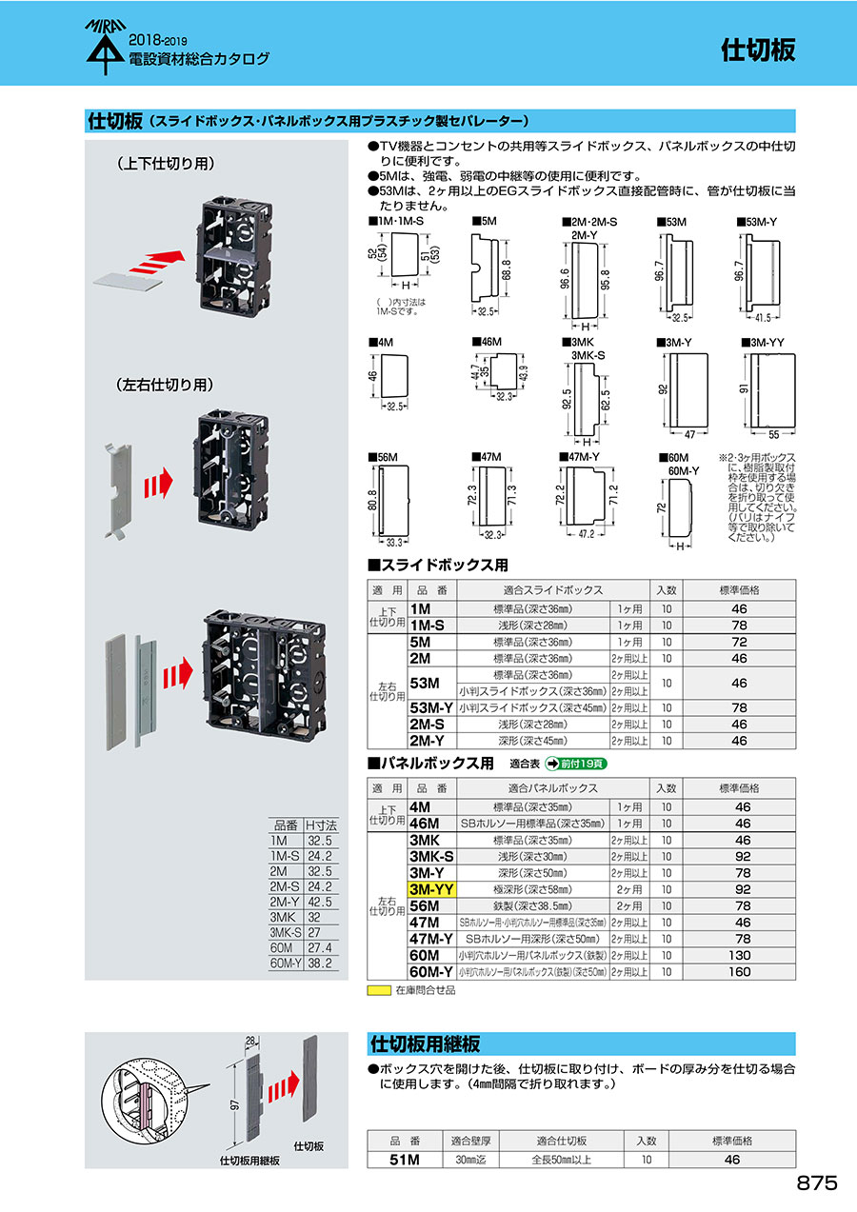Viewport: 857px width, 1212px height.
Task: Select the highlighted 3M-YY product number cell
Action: pyautogui.click(x=431, y=889)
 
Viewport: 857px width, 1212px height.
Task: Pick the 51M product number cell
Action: pyautogui.click(x=404, y=1160)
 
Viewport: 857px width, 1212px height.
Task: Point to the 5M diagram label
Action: pyautogui.click(x=486, y=221)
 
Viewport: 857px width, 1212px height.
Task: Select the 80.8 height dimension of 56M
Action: pyautogui.click(x=373, y=501)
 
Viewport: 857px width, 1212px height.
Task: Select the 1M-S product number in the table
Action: pyautogui.click(x=428, y=625)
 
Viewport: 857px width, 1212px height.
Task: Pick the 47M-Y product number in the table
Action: pyautogui.click(x=430, y=939)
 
